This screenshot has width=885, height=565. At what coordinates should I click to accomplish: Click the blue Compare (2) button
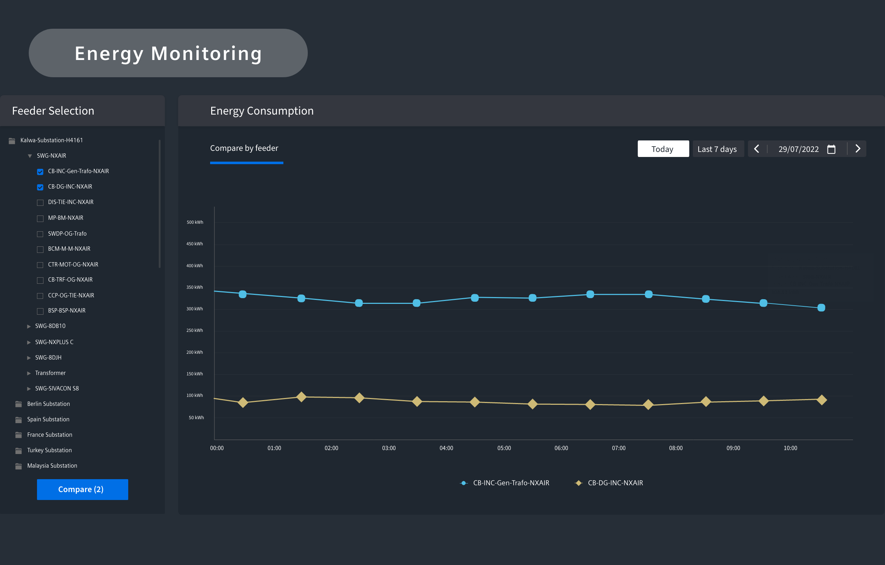(x=82, y=489)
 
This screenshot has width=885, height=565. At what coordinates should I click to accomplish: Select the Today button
(x=663, y=149)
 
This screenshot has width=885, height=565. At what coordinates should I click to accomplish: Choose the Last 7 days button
(x=718, y=149)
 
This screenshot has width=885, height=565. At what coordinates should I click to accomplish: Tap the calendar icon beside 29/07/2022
(x=831, y=149)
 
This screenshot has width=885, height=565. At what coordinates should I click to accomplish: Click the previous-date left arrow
(x=756, y=148)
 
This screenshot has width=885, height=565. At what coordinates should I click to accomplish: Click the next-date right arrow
(x=858, y=148)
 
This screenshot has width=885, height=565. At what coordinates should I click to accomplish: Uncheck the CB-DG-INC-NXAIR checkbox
(x=41, y=187)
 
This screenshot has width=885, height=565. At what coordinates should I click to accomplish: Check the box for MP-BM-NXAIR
(x=41, y=218)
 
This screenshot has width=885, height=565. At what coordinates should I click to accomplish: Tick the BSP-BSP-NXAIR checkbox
(x=41, y=311)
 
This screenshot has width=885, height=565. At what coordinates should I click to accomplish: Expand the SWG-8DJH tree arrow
(x=29, y=358)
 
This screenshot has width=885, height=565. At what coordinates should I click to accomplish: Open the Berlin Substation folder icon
(x=19, y=404)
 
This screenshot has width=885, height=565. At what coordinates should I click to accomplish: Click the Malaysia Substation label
(x=52, y=466)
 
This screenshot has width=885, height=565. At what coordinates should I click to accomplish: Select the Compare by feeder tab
(x=244, y=148)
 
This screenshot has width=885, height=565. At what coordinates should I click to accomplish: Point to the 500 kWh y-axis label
(x=195, y=222)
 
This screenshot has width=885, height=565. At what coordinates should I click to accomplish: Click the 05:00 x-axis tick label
(x=504, y=448)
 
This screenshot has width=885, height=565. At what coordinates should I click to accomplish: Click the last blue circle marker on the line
(x=821, y=308)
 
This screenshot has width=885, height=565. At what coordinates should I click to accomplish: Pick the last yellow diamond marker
(x=822, y=399)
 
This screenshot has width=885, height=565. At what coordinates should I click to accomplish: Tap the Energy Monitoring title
(x=168, y=54)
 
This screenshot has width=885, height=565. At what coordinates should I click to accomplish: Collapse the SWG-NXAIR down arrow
(x=30, y=156)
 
